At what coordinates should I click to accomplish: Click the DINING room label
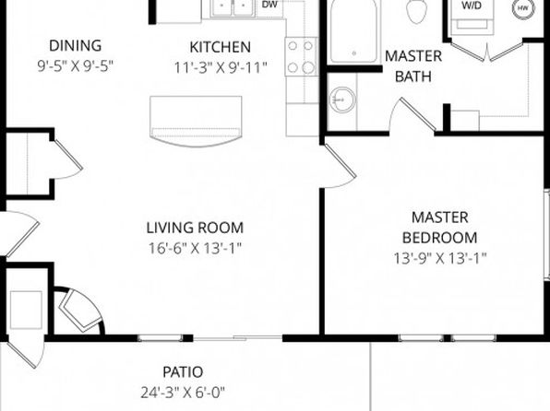click(x=76, y=46)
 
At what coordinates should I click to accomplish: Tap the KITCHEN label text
click(x=221, y=47)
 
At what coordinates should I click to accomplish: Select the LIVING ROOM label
click(x=195, y=228)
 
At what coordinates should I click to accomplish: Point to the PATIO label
click(x=183, y=372)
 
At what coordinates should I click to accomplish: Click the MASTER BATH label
click(x=413, y=66)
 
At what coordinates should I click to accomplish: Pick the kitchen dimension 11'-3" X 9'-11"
click(x=221, y=68)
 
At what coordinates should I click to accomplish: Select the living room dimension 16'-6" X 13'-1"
click(x=195, y=249)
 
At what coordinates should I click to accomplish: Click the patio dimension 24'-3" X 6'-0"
click(x=183, y=393)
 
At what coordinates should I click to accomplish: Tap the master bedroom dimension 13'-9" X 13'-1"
click(x=440, y=259)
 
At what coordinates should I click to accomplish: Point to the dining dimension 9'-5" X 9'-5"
click(x=76, y=66)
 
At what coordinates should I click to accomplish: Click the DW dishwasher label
click(x=269, y=5)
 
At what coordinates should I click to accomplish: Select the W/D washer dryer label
click(x=472, y=6)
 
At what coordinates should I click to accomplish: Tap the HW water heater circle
click(x=523, y=8)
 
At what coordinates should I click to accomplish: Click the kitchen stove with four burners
click(x=302, y=56)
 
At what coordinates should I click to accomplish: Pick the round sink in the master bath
click(x=342, y=100)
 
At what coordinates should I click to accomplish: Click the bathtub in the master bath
click(x=354, y=31)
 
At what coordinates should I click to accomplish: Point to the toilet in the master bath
click(x=417, y=10)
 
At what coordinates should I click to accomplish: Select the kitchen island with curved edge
click(x=196, y=122)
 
